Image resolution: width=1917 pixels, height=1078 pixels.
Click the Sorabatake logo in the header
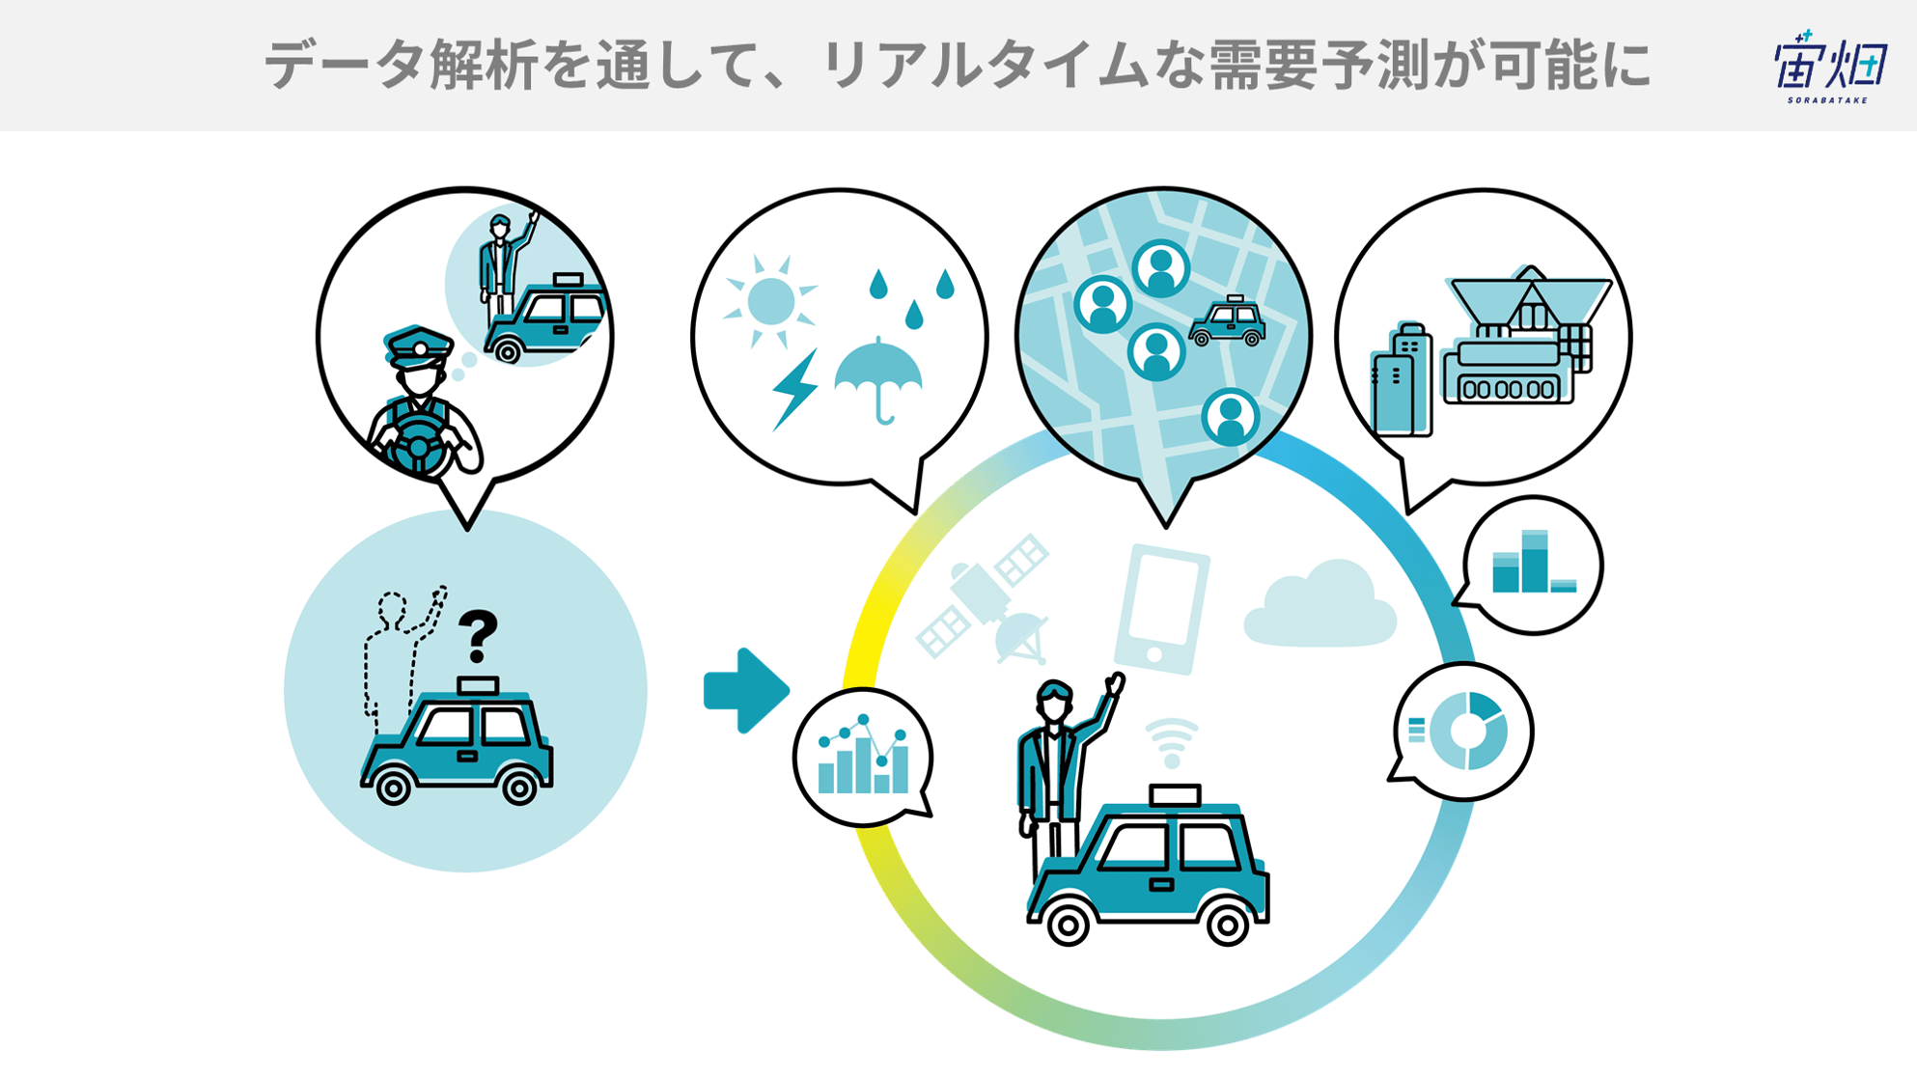(1830, 66)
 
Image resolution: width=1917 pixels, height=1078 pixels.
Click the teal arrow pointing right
(746, 691)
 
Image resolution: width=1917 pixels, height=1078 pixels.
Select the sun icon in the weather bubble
(770, 301)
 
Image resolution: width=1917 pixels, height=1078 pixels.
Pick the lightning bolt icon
(794, 388)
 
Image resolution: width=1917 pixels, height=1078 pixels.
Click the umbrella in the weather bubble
(877, 380)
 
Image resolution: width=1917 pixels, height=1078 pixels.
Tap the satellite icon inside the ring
(983, 598)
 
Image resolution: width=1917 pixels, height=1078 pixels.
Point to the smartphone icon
(1162, 609)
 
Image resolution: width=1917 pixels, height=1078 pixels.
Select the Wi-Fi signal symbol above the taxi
(1172, 742)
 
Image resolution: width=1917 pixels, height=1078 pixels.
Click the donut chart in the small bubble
(1468, 731)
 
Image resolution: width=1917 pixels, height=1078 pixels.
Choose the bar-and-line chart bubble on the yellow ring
(863, 758)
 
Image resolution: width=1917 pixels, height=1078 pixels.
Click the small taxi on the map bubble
(1227, 321)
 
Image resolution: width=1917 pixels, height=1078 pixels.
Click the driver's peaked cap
(418, 347)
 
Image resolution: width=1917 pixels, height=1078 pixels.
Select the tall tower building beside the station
(1401, 380)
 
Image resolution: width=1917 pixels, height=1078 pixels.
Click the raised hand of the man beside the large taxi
(1116, 683)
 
